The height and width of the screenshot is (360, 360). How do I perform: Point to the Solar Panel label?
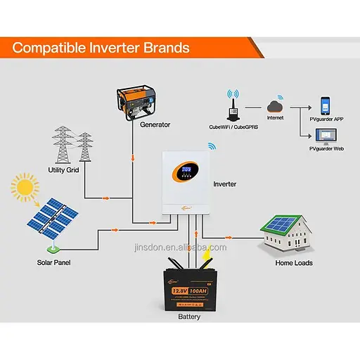pos(54,262)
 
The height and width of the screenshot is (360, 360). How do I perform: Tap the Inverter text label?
pos(224,184)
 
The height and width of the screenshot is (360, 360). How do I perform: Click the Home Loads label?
pos(293,262)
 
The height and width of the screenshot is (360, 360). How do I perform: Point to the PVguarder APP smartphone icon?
pos(325,105)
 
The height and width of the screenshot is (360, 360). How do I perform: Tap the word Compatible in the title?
pos(50,48)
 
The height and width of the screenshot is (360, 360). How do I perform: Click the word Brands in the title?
pos(165,48)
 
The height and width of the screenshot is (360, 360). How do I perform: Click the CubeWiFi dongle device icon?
pos(230,111)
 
